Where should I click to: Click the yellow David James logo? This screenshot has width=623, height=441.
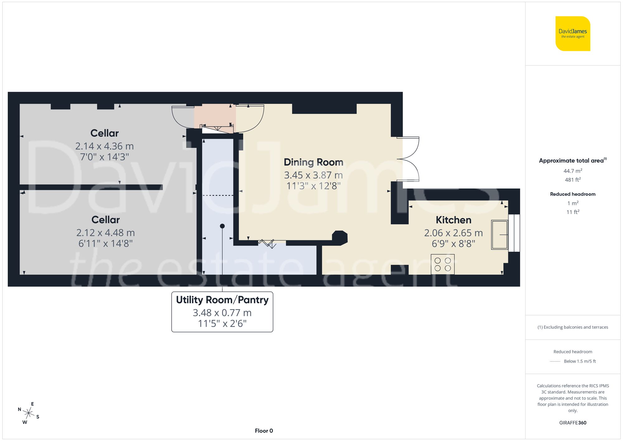(573, 34)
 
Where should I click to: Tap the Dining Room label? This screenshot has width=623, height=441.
(313, 162)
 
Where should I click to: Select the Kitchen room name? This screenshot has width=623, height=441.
(453, 220)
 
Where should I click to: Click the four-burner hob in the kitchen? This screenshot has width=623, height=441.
(443, 264)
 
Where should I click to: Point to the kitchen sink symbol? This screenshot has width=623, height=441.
(499, 235)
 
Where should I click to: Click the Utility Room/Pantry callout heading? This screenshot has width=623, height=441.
(222, 300)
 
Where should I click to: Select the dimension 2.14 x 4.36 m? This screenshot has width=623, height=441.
(104, 146)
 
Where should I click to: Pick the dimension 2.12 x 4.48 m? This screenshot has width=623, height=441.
(105, 233)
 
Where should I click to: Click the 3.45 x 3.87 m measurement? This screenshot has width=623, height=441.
(313, 175)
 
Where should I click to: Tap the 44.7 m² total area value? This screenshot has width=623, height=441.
(573, 171)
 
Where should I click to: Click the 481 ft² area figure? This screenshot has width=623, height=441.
(573, 180)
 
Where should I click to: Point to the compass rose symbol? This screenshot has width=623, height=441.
(28, 413)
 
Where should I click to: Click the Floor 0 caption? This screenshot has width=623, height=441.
(264, 431)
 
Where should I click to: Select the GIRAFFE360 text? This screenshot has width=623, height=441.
(573, 423)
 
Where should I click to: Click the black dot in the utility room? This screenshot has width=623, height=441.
(222, 226)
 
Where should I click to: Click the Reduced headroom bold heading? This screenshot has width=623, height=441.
(573, 194)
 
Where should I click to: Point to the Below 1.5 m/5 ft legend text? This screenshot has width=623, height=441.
(579, 361)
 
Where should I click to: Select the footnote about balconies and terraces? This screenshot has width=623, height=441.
(573, 327)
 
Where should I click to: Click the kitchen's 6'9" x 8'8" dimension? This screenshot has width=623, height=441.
(453, 244)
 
